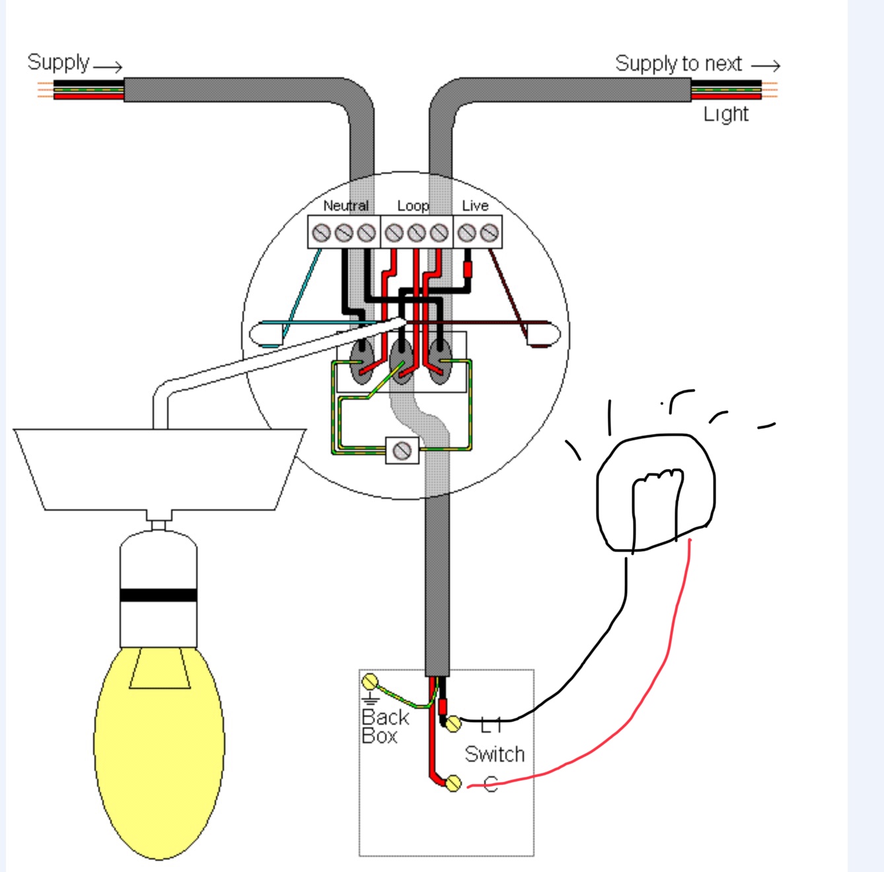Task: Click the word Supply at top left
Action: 58,63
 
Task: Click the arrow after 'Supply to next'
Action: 766,65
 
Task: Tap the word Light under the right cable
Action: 725,114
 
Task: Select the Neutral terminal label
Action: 346,205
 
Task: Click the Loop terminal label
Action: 413,205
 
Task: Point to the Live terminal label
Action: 475,205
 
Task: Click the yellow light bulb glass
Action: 159,753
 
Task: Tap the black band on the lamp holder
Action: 159,595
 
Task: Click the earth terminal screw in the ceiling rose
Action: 402,451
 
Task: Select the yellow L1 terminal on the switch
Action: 453,724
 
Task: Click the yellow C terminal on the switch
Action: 453,783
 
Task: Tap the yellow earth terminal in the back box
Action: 370,682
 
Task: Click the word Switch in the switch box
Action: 494,754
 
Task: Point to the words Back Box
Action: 385,726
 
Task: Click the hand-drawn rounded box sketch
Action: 655,492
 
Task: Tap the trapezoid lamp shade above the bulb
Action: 159,469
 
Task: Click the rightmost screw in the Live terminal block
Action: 489,233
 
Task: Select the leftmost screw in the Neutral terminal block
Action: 321,233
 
